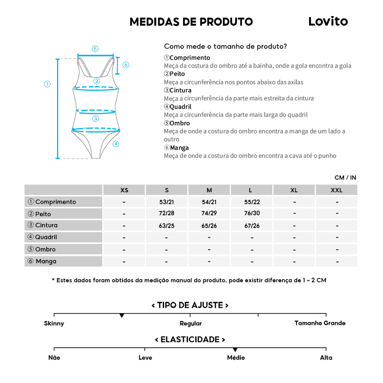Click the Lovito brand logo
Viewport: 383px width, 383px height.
click(x=328, y=21)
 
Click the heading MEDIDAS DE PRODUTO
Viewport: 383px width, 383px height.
click(x=191, y=22)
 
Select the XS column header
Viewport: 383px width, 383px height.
click(x=124, y=190)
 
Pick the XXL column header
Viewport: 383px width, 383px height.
click(x=337, y=190)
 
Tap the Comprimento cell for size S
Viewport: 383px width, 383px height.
click(x=167, y=202)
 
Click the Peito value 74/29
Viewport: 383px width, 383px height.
click(x=209, y=214)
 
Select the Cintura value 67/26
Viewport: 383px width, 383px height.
click(x=252, y=226)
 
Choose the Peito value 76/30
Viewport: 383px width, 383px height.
click(x=252, y=214)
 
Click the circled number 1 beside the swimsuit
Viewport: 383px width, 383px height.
click(x=47, y=84)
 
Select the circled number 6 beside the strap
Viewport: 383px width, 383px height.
click(x=126, y=65)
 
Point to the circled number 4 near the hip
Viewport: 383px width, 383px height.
click(x=116, y=144)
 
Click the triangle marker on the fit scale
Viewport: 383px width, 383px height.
click(x=122, y=315)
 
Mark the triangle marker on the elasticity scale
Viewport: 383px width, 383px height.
click(x=235, y=350)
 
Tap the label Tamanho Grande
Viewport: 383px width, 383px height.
click(x=320, y=323)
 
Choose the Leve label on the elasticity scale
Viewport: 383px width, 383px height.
click(x=145, y=358)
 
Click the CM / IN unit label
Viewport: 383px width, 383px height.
click(x=345, y=177)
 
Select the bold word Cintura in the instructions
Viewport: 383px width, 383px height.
click(x=180, y=90)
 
